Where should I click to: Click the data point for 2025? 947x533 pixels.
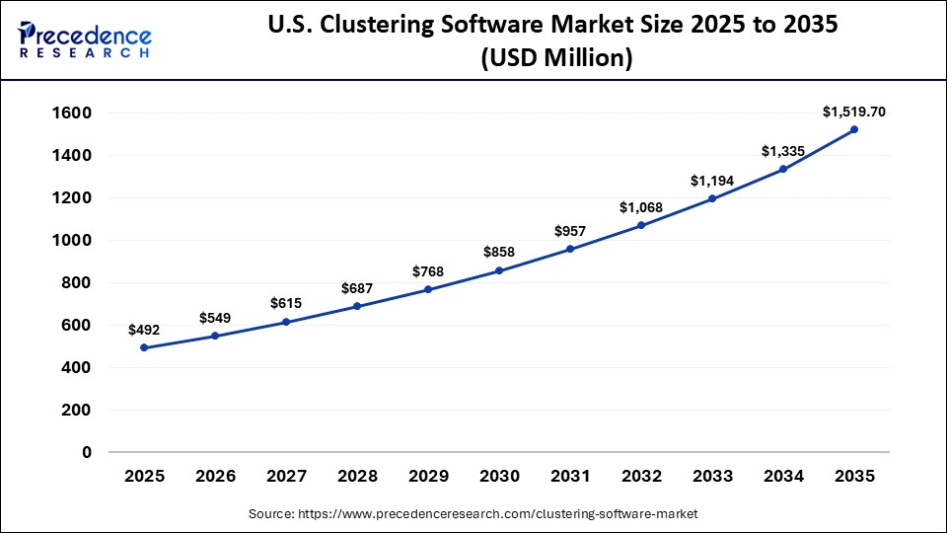[144, 347]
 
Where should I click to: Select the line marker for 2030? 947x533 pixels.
[499, 270]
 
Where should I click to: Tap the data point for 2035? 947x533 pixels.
[854, 129]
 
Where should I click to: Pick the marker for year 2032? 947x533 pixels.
[641, 225]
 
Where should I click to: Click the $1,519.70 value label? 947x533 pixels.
[854, 112]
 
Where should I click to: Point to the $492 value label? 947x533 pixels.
[144, 330]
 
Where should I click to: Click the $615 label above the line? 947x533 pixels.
[286, 304]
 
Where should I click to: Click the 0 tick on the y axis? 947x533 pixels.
[87, 452]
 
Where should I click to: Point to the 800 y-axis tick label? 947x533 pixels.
[76, 282]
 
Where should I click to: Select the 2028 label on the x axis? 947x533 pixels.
[357, 477]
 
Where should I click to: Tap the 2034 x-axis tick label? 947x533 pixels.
[783, 477]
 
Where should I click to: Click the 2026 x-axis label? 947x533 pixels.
[215, 477]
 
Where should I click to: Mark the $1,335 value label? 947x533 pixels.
[783, 151]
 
